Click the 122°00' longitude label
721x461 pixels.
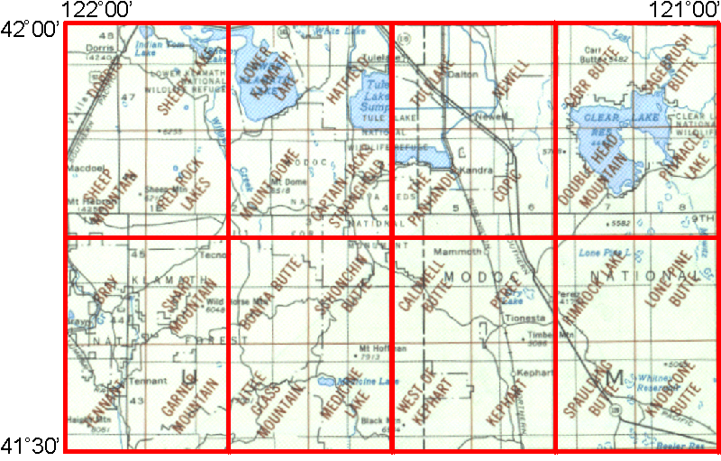point(99,10)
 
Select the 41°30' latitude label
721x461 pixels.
point(30,445)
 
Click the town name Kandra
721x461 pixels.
point(474,170)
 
